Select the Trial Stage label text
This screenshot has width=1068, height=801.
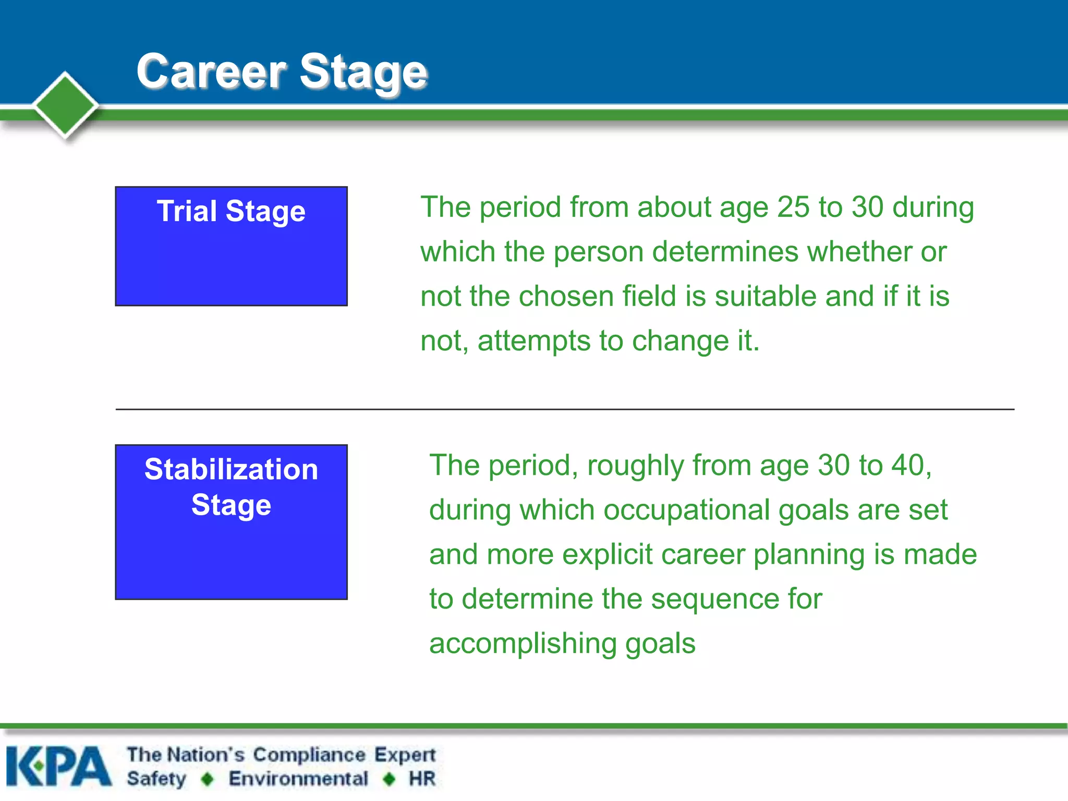(231, 211)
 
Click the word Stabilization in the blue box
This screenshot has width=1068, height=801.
(231, 469)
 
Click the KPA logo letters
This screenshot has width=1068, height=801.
(58, 767)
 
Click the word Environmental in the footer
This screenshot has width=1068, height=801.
(298, 779)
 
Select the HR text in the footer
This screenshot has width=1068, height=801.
(421, 779)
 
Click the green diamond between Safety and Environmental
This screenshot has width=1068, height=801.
(208, 779)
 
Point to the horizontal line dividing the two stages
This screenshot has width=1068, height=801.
(564, 409)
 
